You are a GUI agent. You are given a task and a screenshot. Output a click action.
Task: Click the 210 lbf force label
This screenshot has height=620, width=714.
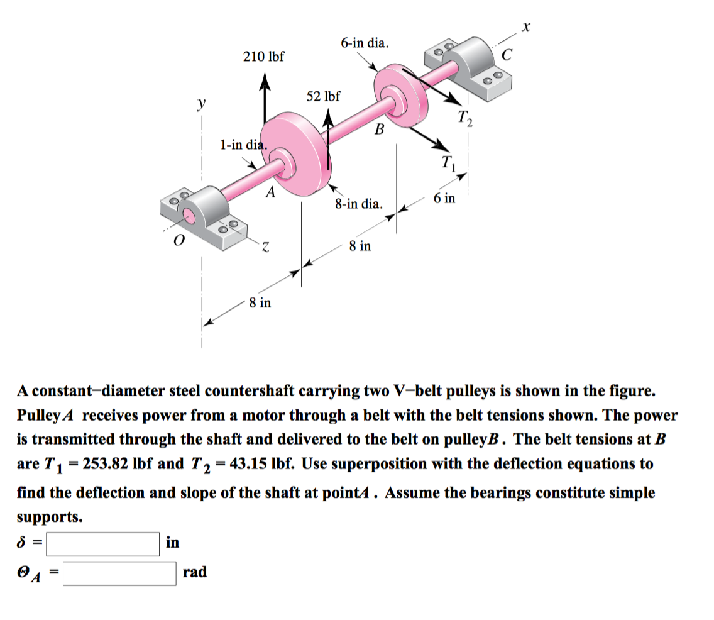click(x=263, y=57)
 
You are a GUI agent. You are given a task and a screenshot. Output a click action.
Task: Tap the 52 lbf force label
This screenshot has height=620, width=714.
click(x=323, y=96)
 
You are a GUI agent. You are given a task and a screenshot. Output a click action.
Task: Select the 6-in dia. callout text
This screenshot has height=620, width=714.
click(x=365, y=43)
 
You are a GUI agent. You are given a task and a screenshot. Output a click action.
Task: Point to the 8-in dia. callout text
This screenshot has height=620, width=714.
click(x=358, y=204)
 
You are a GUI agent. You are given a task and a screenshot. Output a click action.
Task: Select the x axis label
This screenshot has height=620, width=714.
click(x=527, y=27)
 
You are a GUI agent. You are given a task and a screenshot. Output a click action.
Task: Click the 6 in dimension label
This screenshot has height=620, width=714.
click(x=444, y=199)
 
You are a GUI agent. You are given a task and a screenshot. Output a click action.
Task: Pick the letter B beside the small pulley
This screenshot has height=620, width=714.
click(x=378, y=130)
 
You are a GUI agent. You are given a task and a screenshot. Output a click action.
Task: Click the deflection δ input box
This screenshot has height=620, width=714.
click(x=102, y=544)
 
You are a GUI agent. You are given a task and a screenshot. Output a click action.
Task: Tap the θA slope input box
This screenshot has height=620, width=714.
click(x=119, y=573)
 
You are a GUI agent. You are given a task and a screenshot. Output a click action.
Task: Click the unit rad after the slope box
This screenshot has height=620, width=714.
click(x=194, y=572)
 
